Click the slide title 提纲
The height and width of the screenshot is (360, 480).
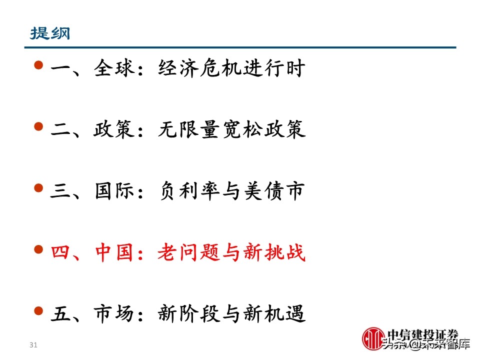coord(50,33)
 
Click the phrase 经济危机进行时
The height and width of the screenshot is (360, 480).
coord(231,69)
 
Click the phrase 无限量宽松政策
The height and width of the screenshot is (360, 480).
coord(231,130)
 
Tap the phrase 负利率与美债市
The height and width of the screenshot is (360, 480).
coord(231,192)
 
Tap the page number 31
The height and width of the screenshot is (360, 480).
coord(34,345)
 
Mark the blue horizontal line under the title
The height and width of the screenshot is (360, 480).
coord(240,47)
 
